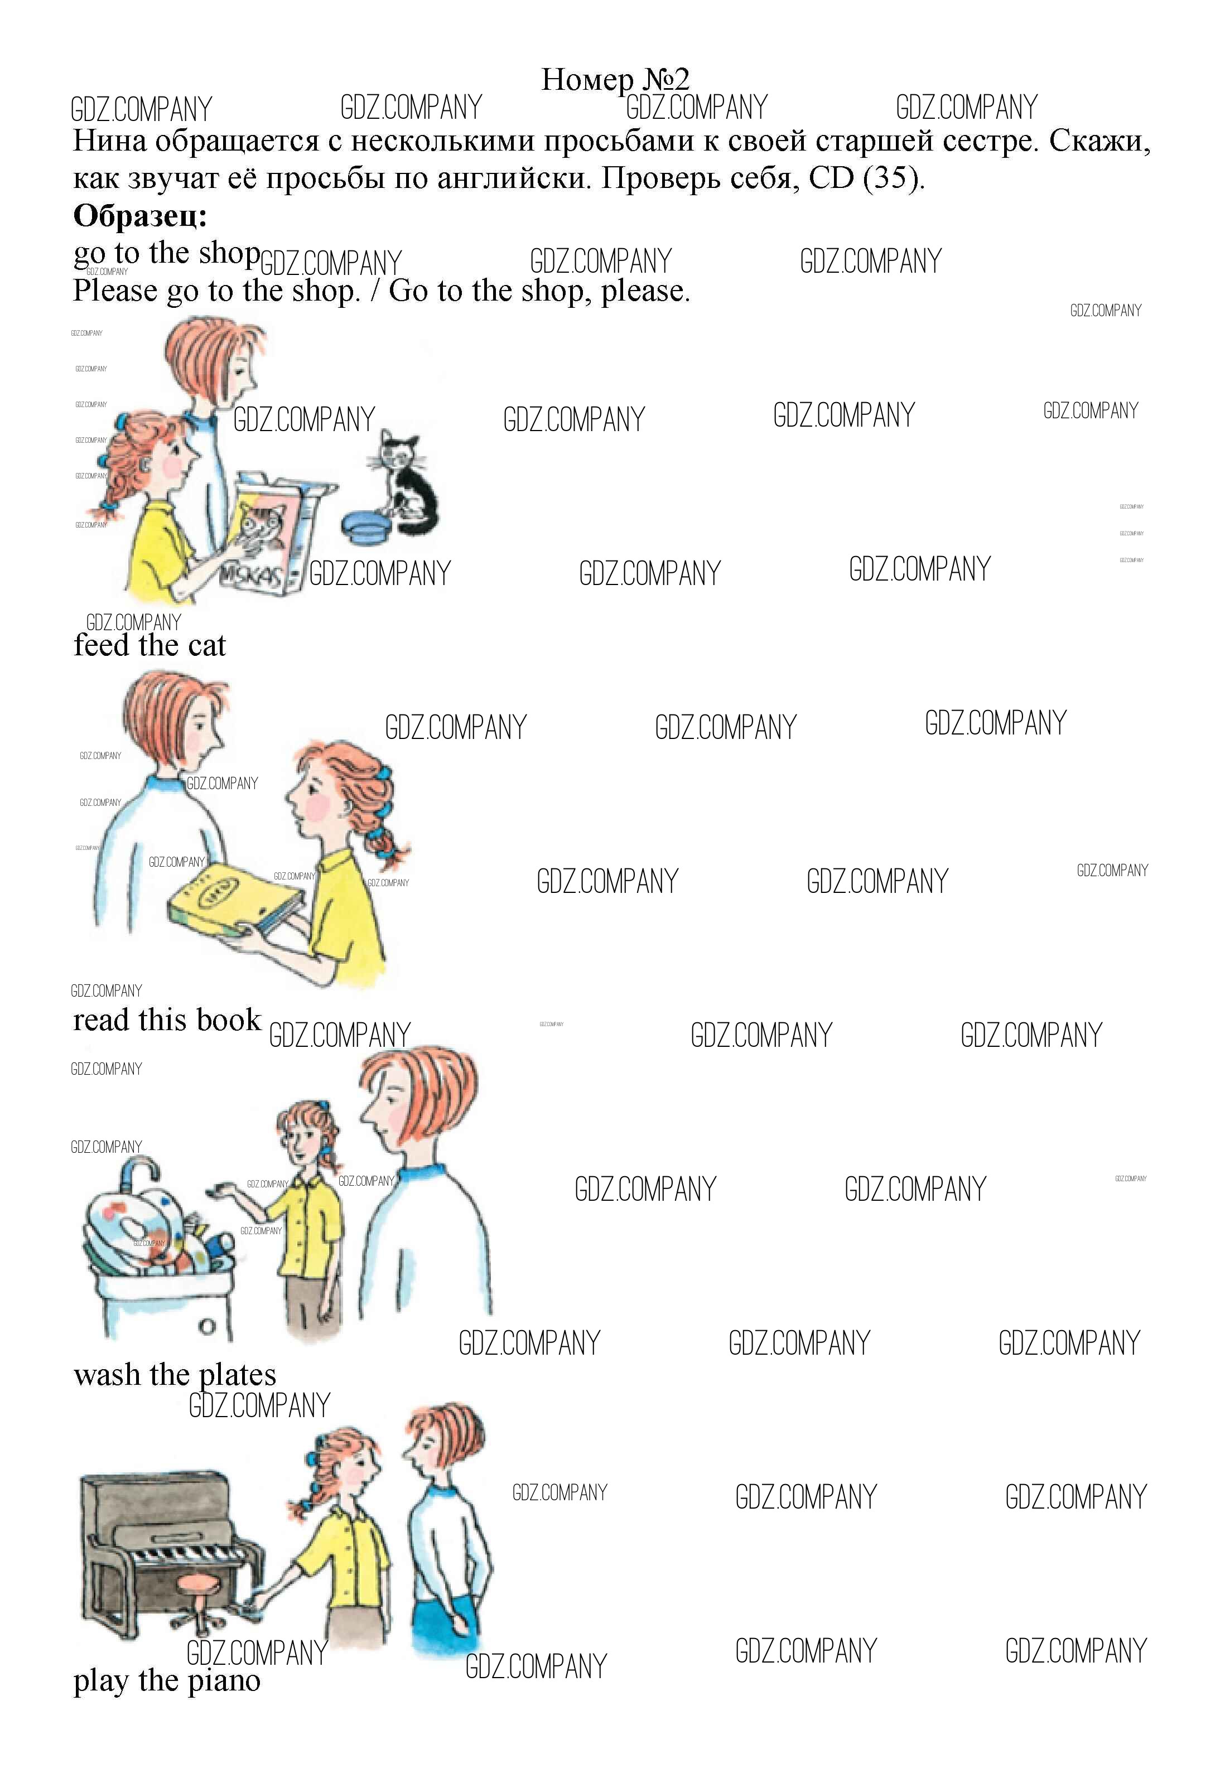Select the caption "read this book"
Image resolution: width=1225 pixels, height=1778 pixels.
click(x=167, y=1021)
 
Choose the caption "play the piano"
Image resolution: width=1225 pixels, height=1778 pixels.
click(x=167, y=1680)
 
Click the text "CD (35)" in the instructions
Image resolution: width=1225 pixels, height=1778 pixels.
click(x=866, y=178)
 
